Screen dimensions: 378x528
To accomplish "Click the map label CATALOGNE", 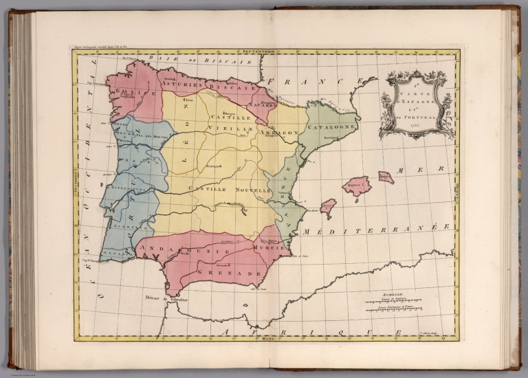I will pyautogui.click(x=332, y=128).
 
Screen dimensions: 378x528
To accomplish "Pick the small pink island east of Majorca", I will pyautogui.click(x=386, y=177).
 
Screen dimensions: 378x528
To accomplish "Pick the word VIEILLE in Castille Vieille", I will pyautogui.click(x=230, y=128).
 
